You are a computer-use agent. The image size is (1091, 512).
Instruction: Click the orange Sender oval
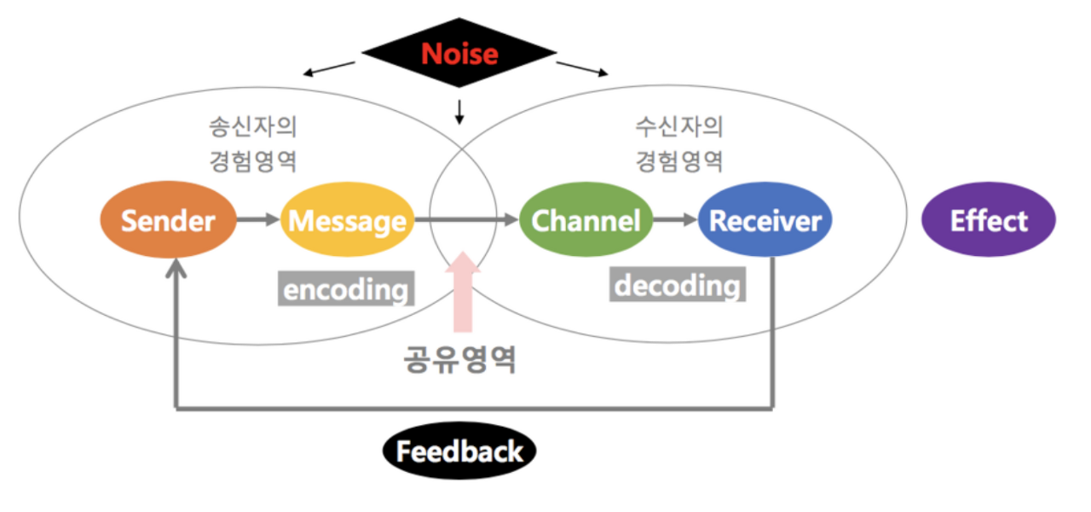click(168, 220)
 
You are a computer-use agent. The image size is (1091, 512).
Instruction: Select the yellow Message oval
click(347, 219)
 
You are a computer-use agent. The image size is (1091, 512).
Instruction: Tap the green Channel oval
click(586, 219)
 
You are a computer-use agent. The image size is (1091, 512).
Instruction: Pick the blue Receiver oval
click(765, 219)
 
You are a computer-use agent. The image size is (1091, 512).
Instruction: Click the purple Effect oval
click(989, 219)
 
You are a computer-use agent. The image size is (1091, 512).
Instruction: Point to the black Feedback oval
click(459, 451)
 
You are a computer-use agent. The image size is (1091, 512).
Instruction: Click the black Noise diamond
click(459, 53)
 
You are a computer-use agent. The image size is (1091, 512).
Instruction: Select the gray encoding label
click(346, 288)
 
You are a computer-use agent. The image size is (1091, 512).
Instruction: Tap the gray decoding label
click(678, 284)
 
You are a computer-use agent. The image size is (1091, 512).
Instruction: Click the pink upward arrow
click(463, 292)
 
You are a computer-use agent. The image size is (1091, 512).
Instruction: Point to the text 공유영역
click(459, 359)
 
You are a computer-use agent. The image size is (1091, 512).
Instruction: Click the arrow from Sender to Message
click(258, 219)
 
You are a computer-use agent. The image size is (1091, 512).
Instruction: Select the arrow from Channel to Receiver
click(675, 219)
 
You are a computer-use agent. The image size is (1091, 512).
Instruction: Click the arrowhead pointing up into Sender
click(176, 268)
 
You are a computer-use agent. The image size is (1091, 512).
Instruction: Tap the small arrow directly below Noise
click(459, 112)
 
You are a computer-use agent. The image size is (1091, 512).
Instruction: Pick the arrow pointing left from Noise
click(329, 68)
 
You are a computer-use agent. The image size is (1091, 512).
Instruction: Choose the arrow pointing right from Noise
click(582, 69)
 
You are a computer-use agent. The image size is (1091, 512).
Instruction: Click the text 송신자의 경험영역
click(253, 144)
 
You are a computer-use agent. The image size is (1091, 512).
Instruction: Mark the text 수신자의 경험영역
click(679, 144)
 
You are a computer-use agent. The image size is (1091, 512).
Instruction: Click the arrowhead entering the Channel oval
click(511, 219)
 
